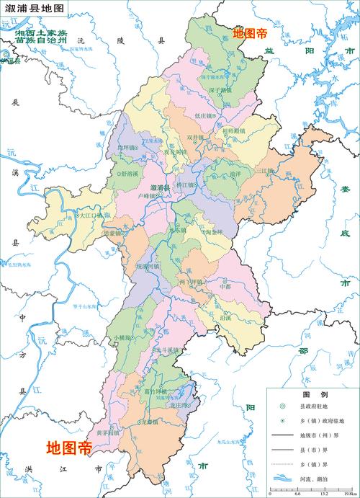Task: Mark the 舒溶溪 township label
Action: (x=133, y=174)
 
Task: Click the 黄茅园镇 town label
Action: (x=107, y=433)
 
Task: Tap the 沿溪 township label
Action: (x=225, y=317)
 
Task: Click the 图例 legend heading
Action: (x=310, y=396)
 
